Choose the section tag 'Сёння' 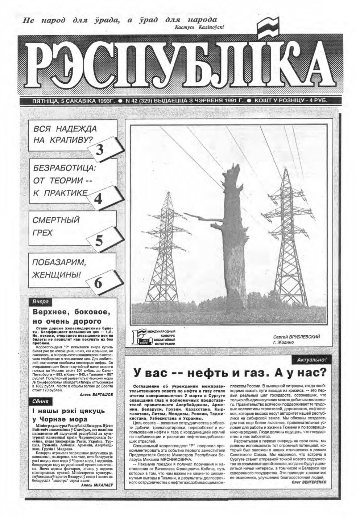point(41,401)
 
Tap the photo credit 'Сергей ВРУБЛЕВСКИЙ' point(297,337)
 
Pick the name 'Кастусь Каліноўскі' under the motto point(199,27)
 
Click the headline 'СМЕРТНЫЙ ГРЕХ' point(56,226)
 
